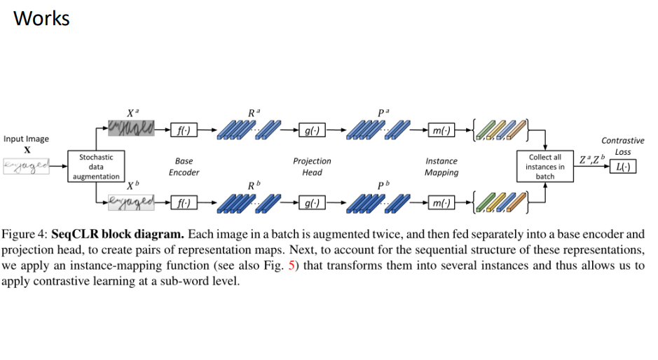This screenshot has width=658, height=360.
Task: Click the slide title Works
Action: coord(41,18)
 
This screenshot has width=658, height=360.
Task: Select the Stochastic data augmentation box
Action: coord(95,167)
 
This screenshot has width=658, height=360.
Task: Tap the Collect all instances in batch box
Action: coord(544,167)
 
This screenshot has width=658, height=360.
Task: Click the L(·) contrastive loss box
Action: coord(623,167)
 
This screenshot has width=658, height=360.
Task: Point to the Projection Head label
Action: coord(312,167)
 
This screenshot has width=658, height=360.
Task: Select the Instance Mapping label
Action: coord(441,167)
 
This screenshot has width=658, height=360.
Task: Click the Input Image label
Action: coord(26,139)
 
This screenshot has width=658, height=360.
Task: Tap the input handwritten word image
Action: coord(27,165)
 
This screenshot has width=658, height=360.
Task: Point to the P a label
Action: coord(383,111)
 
